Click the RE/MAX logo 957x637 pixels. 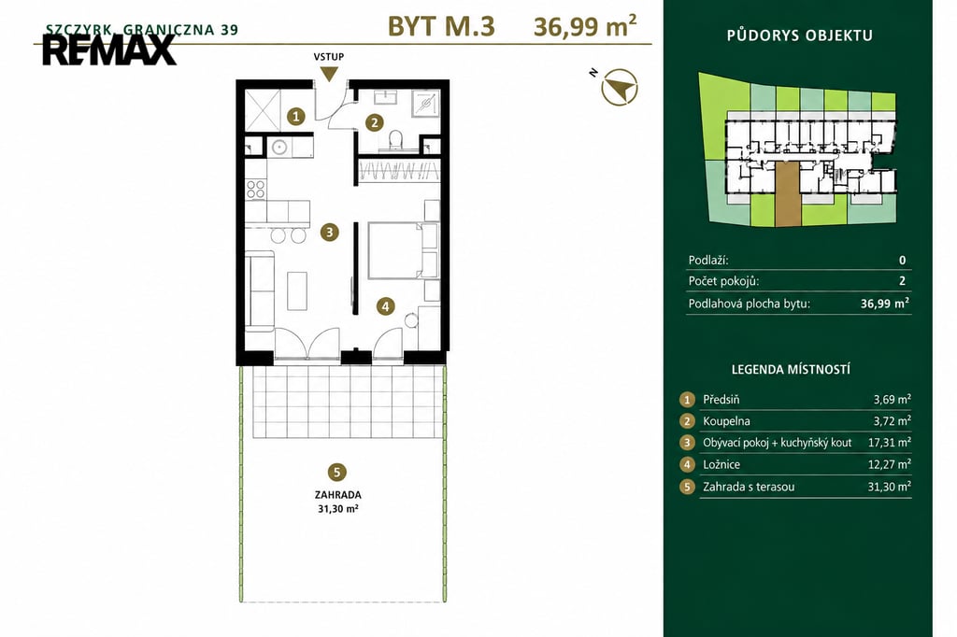point(109,50)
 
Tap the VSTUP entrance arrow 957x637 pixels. point(329,73)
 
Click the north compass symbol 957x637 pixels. point(619,87)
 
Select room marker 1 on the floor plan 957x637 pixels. point(296,116)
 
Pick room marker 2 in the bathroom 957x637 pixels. point(374,122)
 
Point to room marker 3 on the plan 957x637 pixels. point(330,232)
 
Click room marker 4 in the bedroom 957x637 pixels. point(385,305)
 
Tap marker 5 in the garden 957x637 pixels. point(336,472)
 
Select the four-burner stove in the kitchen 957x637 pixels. point(256,189)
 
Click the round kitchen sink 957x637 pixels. point(279,147)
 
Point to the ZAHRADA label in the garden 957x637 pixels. point(338,495)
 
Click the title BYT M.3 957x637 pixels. point(441,26)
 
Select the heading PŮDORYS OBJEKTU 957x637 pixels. point(800,35)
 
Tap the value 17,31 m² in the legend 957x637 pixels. point(890,443)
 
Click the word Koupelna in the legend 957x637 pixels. point(726,421)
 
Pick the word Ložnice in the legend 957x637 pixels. point(721,464)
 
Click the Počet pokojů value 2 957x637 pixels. point(902,281)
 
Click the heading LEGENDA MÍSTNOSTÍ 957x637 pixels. point(791,369)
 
